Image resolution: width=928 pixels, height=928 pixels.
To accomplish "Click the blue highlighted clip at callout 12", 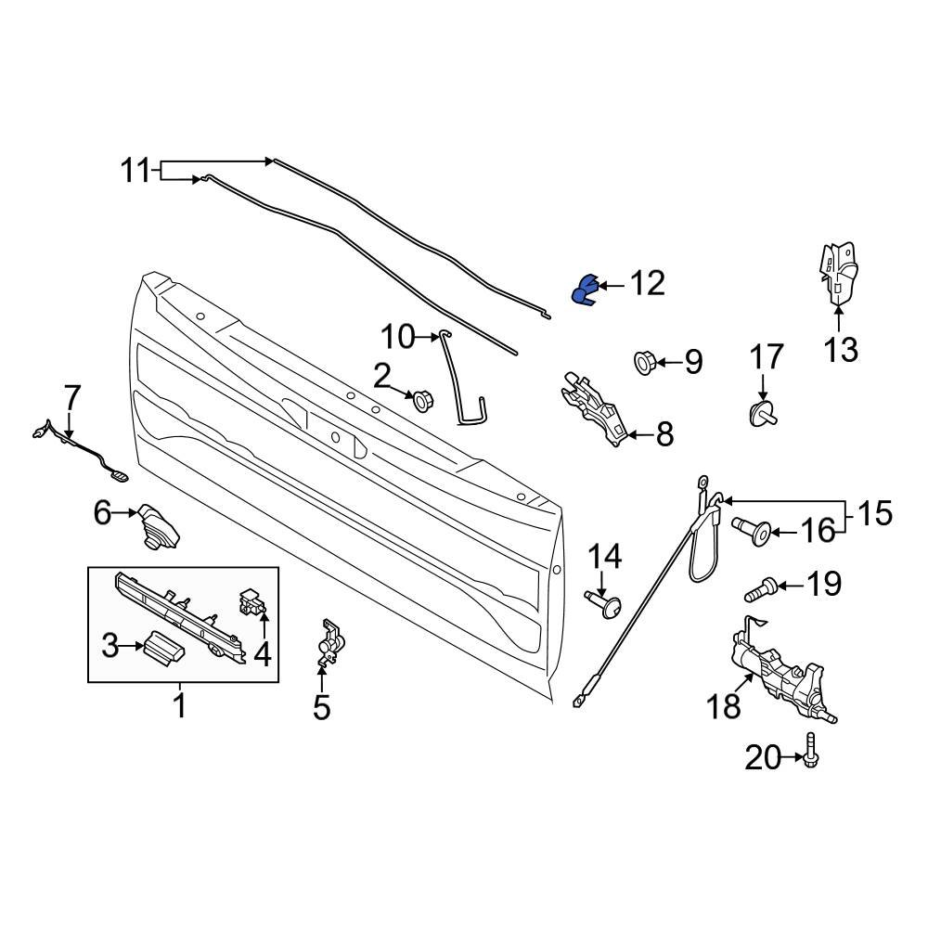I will [583, 290].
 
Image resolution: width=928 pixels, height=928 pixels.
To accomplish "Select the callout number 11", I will [135, 171].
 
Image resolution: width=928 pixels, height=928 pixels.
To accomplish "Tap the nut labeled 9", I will [642, 361].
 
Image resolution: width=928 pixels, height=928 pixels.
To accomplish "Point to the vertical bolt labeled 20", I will [812, 748].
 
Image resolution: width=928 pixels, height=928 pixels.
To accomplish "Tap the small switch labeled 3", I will [163, 646].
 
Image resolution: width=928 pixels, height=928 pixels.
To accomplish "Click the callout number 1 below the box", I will [180, 706].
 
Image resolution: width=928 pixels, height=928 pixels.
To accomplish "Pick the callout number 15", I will [873, 514].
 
